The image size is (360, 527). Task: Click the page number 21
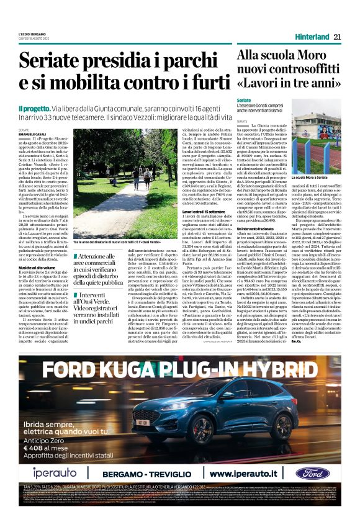click(339, 37)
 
